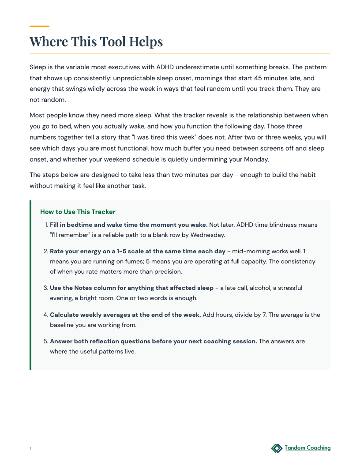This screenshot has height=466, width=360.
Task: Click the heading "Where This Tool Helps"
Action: [96, 41]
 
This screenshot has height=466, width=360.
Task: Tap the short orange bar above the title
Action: [39, 26]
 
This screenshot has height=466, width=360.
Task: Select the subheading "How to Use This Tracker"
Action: [78, 212]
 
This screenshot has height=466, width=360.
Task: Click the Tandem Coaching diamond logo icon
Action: [277, 448]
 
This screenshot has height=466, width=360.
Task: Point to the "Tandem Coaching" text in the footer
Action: [307, 448]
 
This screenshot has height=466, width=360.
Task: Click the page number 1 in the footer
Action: [30, 449]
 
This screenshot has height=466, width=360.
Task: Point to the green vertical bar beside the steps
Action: [30, 285]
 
